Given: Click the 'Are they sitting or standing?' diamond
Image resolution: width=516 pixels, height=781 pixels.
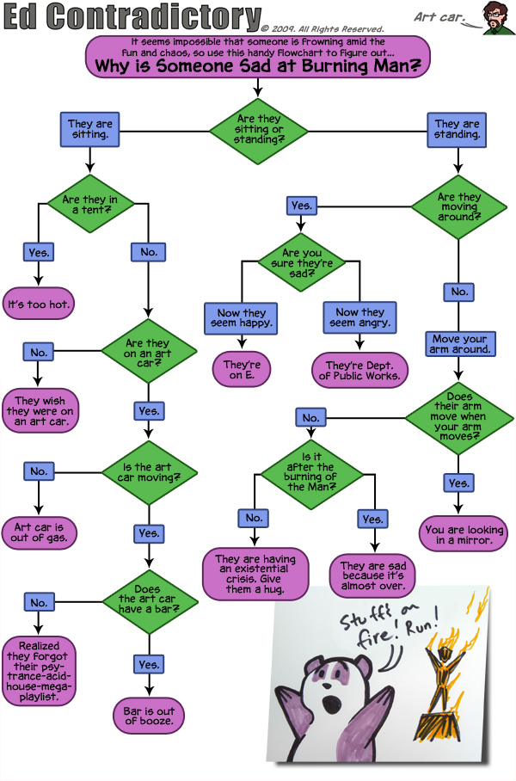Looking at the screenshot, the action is click(x=259, y=131).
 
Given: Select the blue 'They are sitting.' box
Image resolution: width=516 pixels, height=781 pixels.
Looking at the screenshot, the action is click(x=90, y=129).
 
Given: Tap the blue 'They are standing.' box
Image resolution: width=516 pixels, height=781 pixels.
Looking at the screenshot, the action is click(x=457, y=130).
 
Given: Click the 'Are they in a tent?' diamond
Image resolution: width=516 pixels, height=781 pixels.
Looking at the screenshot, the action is click(x=90, y=204).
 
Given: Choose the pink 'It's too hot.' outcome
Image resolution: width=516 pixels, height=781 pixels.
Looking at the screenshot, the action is click(x=39, y=304).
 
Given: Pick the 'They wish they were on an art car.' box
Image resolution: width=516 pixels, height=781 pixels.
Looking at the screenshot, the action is click(x=40, y=411).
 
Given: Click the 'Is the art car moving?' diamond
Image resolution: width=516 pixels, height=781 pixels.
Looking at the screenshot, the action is click(x=149, y=473).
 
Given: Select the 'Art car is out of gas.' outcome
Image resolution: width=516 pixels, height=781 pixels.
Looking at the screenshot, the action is click(x=40, y=533).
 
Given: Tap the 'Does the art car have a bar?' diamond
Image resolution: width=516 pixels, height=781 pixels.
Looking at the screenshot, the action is click(x=149, y=602).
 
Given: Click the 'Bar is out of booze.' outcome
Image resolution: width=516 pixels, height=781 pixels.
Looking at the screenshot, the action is click(x=149, y=716).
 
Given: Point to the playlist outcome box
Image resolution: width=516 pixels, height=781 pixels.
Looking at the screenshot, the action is click(x=39, y=671).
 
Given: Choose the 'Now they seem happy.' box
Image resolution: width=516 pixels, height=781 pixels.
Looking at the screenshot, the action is click(x=241, y=318).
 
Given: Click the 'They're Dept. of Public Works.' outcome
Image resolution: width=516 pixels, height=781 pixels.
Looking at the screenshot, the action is click(x=359, y=371).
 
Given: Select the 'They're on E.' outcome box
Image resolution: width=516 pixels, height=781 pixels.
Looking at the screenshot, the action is click(x=242, y=369).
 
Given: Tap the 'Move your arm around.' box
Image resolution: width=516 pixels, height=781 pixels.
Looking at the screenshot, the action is click(x=460, y=344).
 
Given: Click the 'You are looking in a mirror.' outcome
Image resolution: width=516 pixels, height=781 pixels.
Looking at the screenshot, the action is click(x=464, y=534).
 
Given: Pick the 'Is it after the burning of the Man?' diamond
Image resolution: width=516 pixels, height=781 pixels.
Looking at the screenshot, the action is click(x=312, y=474).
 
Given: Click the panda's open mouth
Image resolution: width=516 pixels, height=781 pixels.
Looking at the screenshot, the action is click(x=329, y=704).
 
